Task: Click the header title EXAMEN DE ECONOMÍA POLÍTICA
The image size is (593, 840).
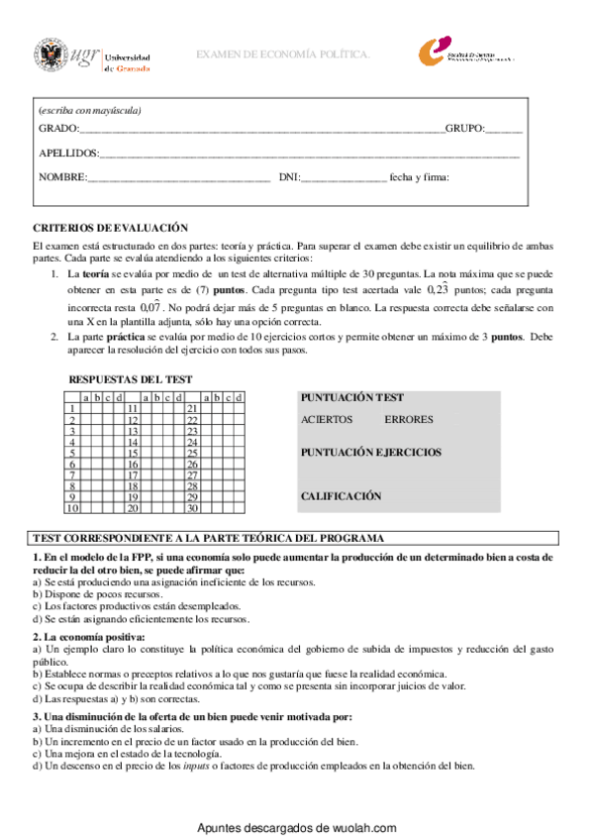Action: coord(283,54)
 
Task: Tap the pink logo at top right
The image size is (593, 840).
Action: coord(438,53)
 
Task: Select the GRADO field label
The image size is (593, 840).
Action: coord(57,130)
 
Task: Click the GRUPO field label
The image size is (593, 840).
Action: coord(464,130)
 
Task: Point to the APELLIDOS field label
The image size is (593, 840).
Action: coord(69,154)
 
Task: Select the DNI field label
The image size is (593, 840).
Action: coord(289,177)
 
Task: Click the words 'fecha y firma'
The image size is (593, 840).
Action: coord(420,177)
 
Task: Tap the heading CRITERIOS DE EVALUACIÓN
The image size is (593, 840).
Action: coord(111,227)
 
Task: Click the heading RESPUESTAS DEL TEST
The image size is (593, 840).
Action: coord(130,379)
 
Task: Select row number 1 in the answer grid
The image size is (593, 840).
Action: coord(72,408)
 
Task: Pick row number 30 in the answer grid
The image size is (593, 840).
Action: coord(193,508)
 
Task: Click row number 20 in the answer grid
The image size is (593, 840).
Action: coord(132,508)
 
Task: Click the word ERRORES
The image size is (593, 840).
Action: coord(408,420)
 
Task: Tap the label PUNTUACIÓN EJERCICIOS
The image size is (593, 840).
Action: coord(371,453)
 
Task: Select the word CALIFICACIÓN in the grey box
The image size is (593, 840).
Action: coord(341,495)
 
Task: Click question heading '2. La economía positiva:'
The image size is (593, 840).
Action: coord(89,636)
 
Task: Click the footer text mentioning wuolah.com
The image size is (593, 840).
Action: coord(297,828)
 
